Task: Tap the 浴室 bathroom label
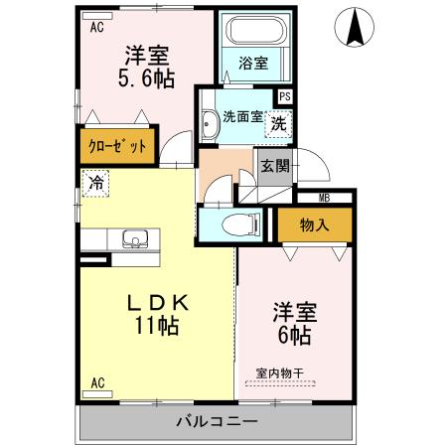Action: (253, 64)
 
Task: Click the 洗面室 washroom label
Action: (242, 116)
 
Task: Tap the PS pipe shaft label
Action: (285, 96)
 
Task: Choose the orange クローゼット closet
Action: (116, 146)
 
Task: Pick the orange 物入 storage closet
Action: (314, 225)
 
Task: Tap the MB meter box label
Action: (325, 198)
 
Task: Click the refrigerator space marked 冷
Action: (95, 183)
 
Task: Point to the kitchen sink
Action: (134, 238)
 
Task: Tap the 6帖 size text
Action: (294, 335)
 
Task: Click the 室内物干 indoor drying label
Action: (280, 373)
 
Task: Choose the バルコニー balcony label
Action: (217, 421)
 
